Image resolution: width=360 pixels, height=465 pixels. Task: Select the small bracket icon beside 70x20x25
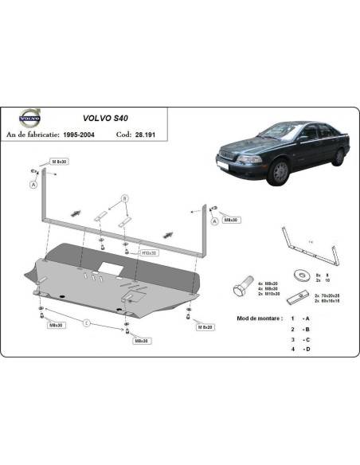point(297,296)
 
